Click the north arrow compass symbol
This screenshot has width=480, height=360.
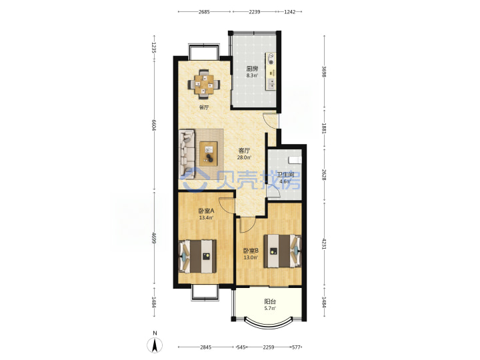tap(155, 345)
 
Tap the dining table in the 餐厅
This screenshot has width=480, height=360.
tap(204, 84)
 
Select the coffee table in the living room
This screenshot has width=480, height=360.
tap(209, 153)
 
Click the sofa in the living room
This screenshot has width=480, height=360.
tap(187, 154)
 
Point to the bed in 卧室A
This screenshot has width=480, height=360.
tap(197, 256)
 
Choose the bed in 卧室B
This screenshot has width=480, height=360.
tap(283, 251)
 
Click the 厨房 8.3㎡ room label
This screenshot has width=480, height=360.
tap(252, 72)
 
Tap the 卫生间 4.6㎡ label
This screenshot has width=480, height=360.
tap(285, 178)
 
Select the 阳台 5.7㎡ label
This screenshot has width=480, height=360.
tap(270, 305)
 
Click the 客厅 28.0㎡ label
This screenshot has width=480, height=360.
tap(244, 154)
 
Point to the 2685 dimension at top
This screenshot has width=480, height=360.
tap(204, 11)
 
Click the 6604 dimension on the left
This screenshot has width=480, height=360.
tap(154, 124)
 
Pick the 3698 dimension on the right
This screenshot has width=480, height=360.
tap(324, 71)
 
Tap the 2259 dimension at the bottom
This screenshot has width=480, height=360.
tap(269, 347)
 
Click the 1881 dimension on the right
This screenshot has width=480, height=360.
tap(324, 128)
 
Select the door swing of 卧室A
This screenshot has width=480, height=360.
tap(227, 206)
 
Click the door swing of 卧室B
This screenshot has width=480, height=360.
tap(247, 225)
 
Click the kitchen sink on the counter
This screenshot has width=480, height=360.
tap(271, 84)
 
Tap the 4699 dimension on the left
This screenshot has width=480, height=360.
tap(154, 239)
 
